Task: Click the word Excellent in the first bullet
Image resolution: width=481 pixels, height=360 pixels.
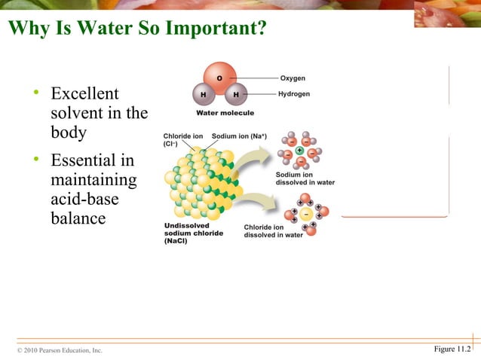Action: pos(84,94)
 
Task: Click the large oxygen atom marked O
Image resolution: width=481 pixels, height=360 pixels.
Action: pos(219,77)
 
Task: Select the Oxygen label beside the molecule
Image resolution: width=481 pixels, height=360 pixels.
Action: pos(293,78)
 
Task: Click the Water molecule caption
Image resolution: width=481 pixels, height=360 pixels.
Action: pos(225,113)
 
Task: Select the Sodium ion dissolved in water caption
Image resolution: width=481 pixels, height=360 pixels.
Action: pos(305,178)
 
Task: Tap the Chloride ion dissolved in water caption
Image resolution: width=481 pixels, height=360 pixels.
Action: pos(273,230)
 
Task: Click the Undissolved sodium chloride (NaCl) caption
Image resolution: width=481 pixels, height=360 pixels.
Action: pos(194,233)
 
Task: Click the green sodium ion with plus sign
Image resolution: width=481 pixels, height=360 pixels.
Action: pos(299,151)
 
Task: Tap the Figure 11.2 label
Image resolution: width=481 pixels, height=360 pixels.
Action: pos(452,348)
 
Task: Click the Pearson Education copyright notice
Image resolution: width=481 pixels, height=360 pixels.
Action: pos(60,350)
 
